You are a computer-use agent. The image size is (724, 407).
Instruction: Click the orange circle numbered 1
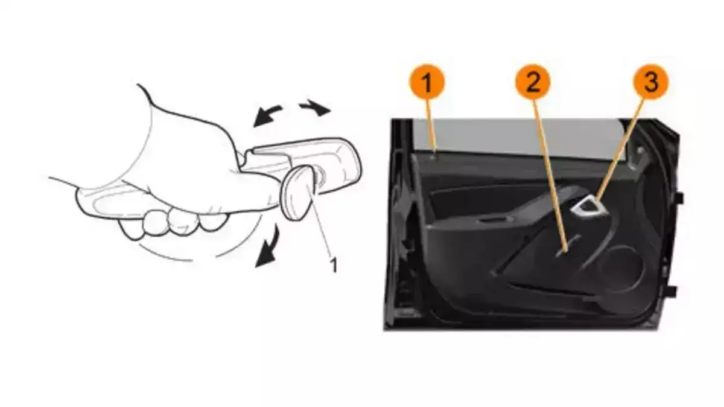tap(427, 82)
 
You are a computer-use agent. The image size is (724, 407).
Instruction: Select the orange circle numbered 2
tap(533, 82)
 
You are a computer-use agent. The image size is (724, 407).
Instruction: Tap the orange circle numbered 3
tap(650, 82)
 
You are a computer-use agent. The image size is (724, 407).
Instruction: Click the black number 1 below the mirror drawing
tap(334, 265)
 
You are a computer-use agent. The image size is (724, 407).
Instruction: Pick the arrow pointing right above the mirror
tap(315, 107)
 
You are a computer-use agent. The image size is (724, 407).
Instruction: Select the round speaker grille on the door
tap(620, 269)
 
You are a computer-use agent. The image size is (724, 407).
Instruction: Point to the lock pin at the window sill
tap(435, 156)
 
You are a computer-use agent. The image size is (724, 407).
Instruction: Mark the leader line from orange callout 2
tap(549, 175)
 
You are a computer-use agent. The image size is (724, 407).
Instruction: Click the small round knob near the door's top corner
tap(640, 150)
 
